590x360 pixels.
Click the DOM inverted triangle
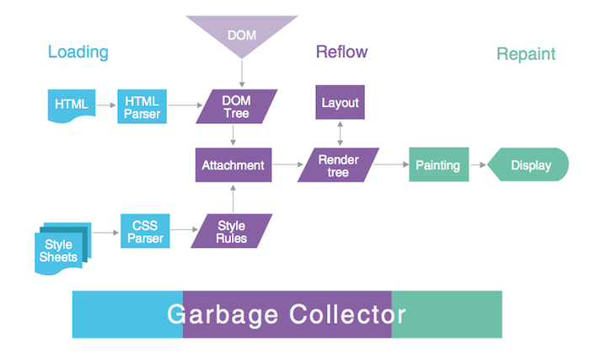click(x=242, y=34)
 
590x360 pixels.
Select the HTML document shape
click(x=71, y=105)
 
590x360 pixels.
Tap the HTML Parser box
click(x=142, y=105)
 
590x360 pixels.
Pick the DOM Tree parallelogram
click(x=236, y=106)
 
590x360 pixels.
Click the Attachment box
click(x=233, y=165)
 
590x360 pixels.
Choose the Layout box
click(x=340, y=103)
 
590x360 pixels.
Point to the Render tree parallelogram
click(x=339, y=165)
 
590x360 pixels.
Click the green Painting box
click(x=437, y=165)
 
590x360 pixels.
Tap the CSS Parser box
click(x=146, y=230)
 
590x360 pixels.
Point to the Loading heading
click(x=78, y=52)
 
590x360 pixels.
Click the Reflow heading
click(x=341, y=52)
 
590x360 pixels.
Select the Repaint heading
click(x=526, y=54)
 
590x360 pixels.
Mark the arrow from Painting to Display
click(x=477, y=165)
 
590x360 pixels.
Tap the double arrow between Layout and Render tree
click(x=340, y=133)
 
